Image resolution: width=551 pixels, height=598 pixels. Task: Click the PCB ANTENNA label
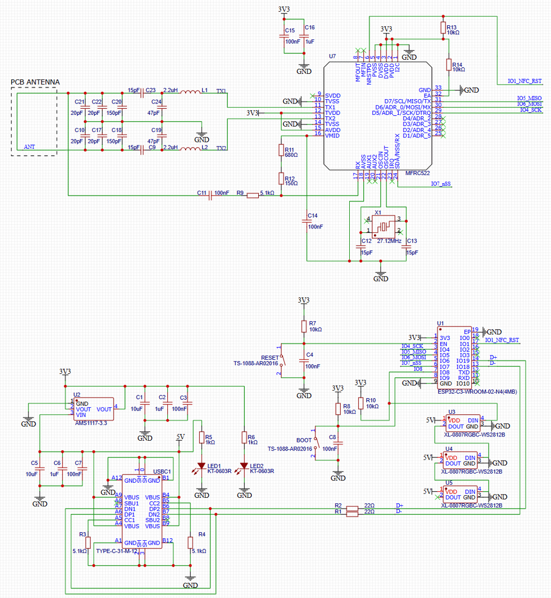(x=36, y=82)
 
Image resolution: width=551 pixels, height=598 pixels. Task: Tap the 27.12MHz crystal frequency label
(x=390, y=241)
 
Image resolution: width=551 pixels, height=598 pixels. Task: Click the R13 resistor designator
(x=451, y=27)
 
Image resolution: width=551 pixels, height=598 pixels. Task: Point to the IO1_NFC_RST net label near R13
(x=525, y=81)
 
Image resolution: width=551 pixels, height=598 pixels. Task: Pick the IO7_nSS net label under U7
(x=441, y=184)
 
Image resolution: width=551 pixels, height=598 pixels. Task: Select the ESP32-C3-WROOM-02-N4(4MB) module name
(x=477, y=392)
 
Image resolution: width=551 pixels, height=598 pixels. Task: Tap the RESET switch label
(x=270, y=357)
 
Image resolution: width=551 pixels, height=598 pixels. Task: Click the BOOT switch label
(x=304, y=440)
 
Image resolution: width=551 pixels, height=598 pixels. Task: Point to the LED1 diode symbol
(x=202, y=465)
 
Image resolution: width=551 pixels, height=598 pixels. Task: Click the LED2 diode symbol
(x=244, y=465)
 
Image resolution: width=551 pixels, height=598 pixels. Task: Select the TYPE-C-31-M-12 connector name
(x=117, y=551)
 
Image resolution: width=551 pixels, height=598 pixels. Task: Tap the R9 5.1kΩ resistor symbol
(x=252, y=196)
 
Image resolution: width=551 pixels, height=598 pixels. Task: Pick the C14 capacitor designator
(x=313, y=215)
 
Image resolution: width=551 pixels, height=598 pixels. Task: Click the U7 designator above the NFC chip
(x=332, y=56)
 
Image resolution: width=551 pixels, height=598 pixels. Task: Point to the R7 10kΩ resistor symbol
(x=304, y=326)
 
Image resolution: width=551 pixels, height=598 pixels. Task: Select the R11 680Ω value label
(x=291, y=155)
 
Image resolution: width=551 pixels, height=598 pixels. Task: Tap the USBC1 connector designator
(x=162, y=471)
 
